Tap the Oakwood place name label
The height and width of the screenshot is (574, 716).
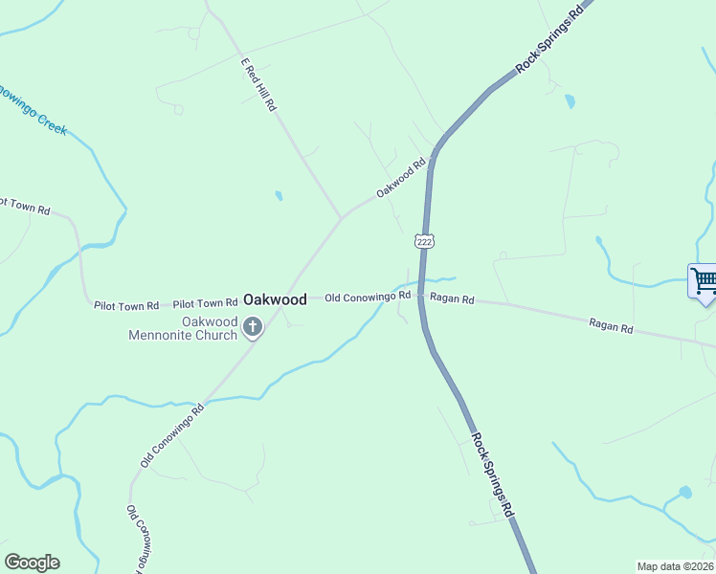tap(275, 299)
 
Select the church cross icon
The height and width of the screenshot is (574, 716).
tap(253, 328)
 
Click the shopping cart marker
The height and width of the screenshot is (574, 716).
tap(704, 282)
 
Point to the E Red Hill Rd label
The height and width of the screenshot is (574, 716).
tap(258, 86)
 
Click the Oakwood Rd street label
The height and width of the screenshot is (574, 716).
tap(400, 179)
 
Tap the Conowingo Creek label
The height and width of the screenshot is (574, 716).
tap(33, 108)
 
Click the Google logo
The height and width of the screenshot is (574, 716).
tap(32, 563)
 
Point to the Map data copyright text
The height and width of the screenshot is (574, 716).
tap(675, 566)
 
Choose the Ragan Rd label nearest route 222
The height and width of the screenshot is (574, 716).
tap(452, 298)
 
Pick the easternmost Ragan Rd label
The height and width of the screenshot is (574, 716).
tap(611, 328)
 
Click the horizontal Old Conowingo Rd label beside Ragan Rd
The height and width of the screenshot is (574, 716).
tap(368, 298)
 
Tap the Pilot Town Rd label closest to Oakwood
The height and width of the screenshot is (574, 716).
tap(205, 303)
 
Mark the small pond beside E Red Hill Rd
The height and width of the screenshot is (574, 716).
tap(279, 195)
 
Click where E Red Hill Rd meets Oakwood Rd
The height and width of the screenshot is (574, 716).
tap(341, 218)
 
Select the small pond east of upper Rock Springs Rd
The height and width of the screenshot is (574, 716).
tap(571, 99)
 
